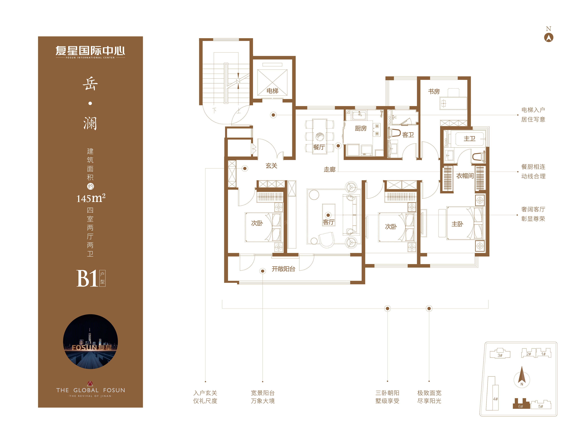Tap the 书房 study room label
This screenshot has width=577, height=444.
click(x=434, y=91)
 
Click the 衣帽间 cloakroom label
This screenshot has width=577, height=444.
click(x=465, y=176)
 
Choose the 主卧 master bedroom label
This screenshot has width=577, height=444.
click(x=457, y=224)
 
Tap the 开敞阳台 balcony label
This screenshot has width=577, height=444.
click(x=283, y=269)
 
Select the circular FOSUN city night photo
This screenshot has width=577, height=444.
click(x=90, y=341)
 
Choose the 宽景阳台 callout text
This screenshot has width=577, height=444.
click(x=263, y=393)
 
